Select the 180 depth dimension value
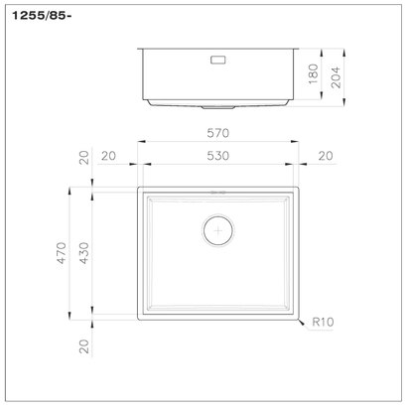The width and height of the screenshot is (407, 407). point(314,75)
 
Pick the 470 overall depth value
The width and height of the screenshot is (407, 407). point(62,253)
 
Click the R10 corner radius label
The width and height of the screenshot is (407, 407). point(321,323)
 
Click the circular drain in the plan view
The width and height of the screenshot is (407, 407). point(217,229)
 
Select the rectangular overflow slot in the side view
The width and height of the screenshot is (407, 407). point(217,59)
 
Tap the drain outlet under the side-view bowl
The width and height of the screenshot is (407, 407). point(217,105)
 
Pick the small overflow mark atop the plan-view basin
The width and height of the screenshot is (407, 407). point(217,192)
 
